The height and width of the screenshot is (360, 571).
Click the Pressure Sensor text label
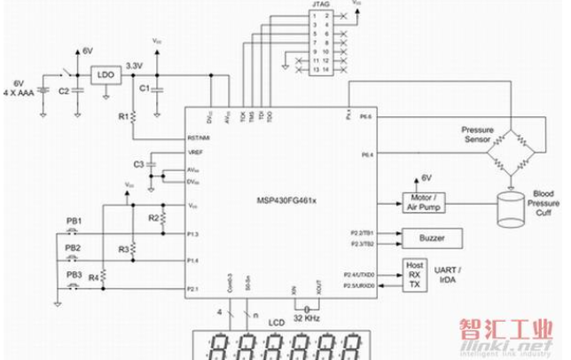(477, 135)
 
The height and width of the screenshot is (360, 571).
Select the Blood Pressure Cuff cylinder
(509, 209)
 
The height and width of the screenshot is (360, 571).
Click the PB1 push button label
(74, 220)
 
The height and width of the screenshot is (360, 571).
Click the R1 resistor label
(121, 115)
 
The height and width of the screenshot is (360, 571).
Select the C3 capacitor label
(137, 165)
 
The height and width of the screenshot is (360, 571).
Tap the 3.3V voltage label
(135, 65)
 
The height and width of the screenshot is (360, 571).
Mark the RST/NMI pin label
(198, 137)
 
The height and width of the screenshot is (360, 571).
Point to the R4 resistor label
(92, 278)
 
